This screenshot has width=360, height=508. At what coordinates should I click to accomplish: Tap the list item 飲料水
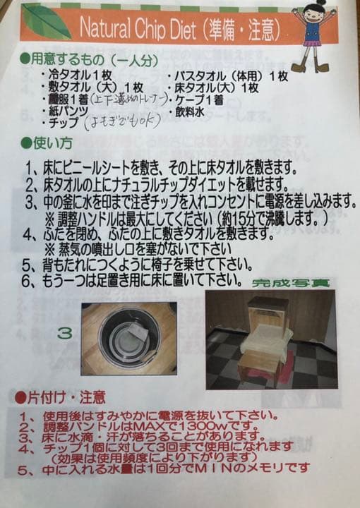click(191, 111)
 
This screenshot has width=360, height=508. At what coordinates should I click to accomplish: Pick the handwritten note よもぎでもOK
click(121, 122)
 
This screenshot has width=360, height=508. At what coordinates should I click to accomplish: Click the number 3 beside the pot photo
click(64, 332)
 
